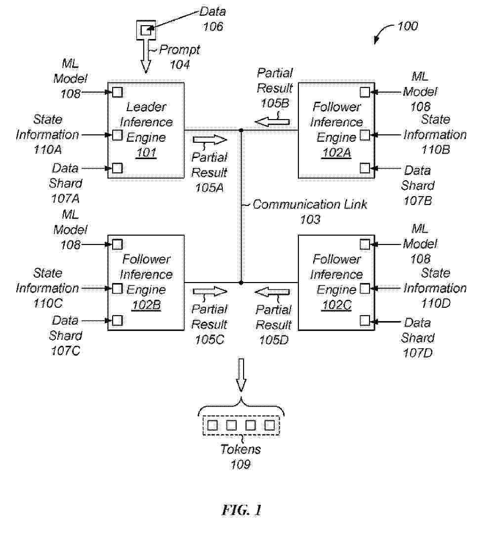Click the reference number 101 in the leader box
coord(146,153)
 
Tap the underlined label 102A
coord(336,153)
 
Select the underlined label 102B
coord(146,305)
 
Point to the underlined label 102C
coord(336,305)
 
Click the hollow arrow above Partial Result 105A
coord(209,140)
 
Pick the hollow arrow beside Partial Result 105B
coord(272,122)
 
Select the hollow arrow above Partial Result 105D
coord(272,292)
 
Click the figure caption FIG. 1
coord(242,510)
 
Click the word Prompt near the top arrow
coord(180,50)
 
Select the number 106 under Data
coord(213,26)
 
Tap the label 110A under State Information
coord(47,150)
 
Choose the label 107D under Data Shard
coord(418,353)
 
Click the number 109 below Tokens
coord(241,464)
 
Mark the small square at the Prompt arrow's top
coord(145,31)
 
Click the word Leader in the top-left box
coord(146,107)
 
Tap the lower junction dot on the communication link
coord(241,283)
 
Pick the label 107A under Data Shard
coord(66,199)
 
